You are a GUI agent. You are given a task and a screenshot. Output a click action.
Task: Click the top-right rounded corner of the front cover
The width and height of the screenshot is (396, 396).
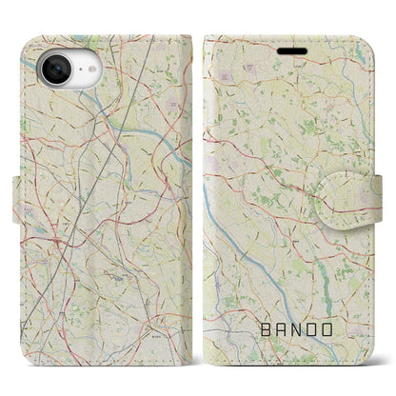point(372,41)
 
